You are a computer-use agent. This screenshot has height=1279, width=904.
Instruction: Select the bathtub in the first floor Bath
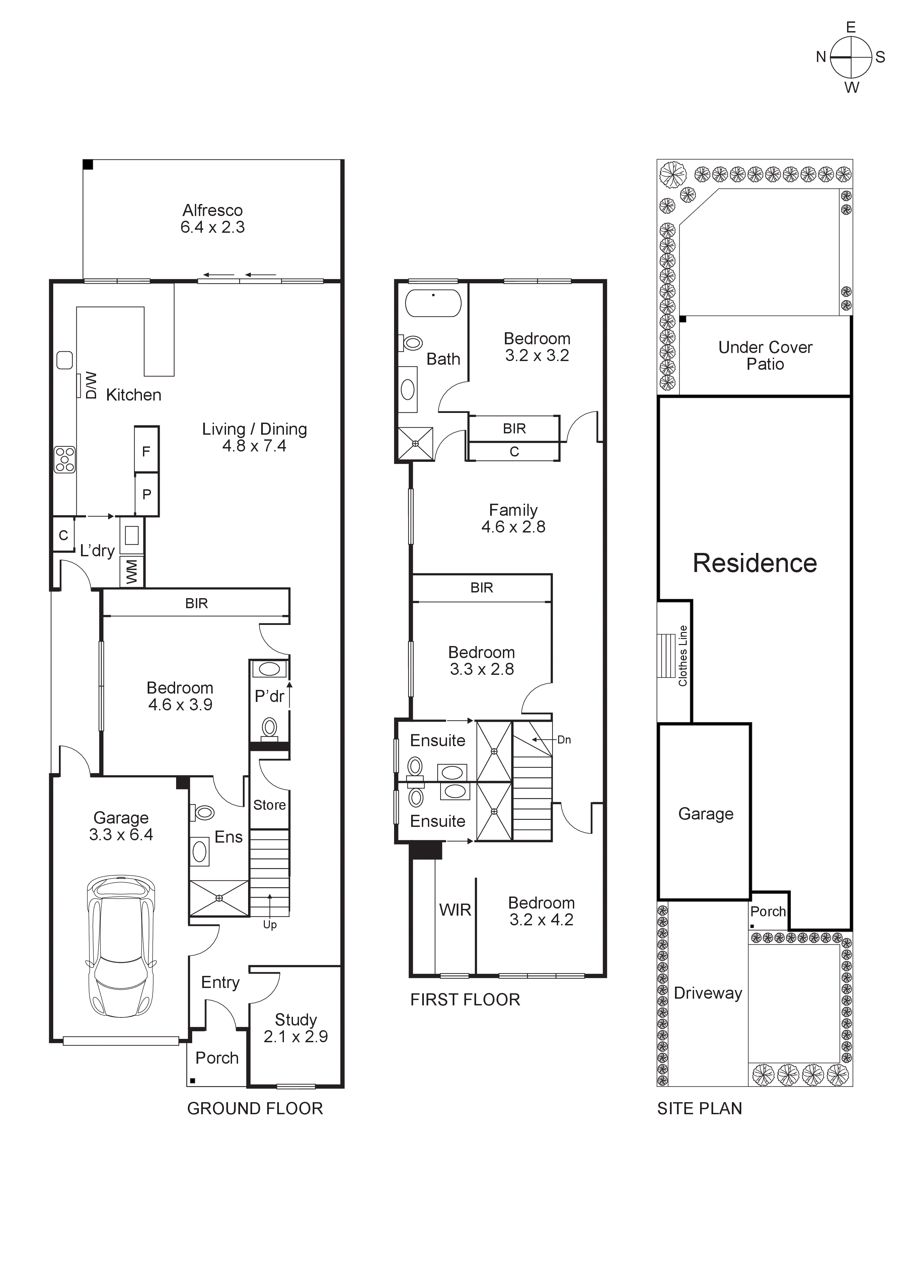(x=433, y=304)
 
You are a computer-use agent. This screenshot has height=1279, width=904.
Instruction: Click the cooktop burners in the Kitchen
(x=65, y=459)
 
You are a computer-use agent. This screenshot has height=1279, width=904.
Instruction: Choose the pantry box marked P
(x=147, y=494)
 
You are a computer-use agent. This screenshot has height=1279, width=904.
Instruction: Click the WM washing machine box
(x=132, y=572)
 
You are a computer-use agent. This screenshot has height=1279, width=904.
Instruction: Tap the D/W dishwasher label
(x=91, y=385)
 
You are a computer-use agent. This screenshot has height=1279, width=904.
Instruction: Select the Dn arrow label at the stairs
(x=564, y=740)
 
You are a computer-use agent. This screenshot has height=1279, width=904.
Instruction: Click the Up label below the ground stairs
(x=270, y=925)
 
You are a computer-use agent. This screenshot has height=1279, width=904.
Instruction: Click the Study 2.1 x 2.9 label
(x=296, y=1028)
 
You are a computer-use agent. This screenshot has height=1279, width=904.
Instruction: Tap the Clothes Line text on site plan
(x=683, y=656)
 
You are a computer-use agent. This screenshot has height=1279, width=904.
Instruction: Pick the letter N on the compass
(x=820, y=57)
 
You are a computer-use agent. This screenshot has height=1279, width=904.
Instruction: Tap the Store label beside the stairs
(x=269, y=805)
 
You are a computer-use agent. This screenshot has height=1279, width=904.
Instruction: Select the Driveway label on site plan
(x=707, y=993)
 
